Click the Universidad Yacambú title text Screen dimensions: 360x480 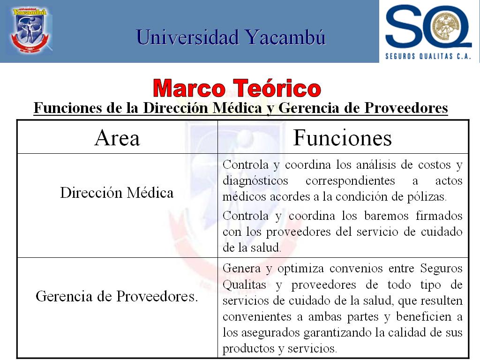[231, 37]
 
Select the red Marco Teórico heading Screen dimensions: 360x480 [237, 88]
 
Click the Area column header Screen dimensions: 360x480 [117, 138]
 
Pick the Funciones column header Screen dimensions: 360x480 [342, 138]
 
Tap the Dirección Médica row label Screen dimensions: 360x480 [117, 193]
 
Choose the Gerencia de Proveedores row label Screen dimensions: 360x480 [117, 296]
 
